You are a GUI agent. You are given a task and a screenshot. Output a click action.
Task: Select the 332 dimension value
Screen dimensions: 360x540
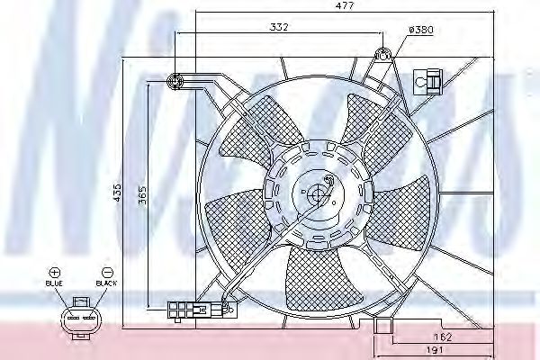[278, 29]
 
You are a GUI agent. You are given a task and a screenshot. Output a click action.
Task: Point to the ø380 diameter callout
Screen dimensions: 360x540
[421, 30]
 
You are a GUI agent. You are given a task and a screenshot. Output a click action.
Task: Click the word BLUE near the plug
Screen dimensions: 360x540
[55, 283]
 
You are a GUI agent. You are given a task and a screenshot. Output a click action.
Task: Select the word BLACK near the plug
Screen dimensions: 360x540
[106, 283]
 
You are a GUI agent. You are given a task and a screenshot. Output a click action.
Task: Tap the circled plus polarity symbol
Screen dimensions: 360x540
[55, 271]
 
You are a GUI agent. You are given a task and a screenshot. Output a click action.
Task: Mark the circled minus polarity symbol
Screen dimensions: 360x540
[107, 271]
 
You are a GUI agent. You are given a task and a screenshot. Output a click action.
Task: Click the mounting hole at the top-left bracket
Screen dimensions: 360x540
[175, 82]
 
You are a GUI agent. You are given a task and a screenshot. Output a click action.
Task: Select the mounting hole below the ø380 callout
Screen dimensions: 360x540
[383, 55]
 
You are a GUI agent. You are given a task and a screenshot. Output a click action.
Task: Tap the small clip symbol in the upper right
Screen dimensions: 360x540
[427, 82]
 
